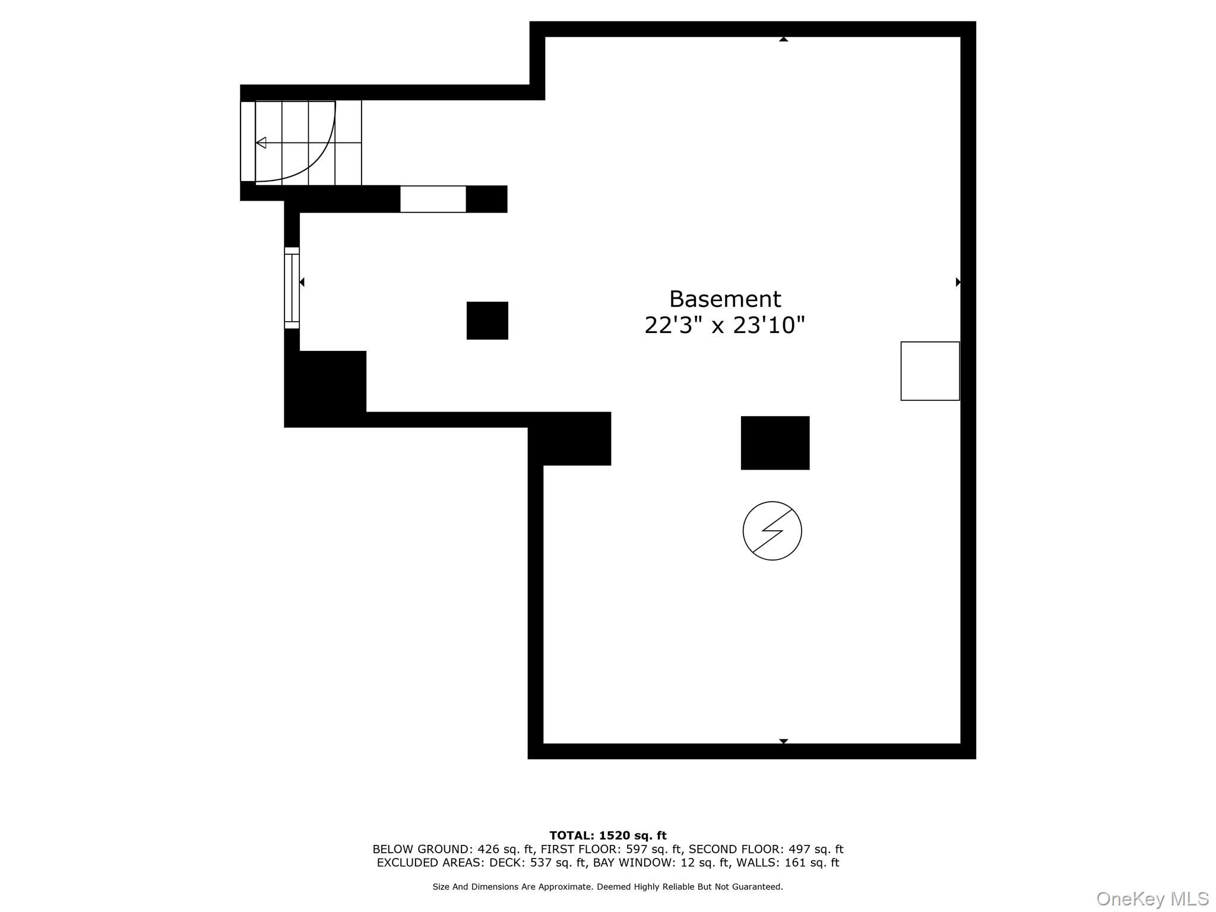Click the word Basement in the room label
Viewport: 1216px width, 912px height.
coord(725,299)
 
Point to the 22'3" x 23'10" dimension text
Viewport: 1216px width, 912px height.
coord(725,325)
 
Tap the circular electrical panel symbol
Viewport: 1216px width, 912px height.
coord(772,531)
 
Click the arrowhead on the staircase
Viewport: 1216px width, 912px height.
coord(261,142)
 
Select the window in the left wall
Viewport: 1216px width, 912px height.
coord(292,288)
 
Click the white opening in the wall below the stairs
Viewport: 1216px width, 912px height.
coord(433,199)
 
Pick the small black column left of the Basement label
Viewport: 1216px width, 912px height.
coord(487,321)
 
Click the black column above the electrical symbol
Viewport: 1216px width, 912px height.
coord(775,443)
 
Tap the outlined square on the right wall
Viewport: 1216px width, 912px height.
coord(930,371)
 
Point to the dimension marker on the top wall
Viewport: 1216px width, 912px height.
coord(784,39)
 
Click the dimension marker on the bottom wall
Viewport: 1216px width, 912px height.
coord(784,741)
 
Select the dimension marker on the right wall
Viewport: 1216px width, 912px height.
coord(958,282)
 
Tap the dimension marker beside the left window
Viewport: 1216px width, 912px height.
coord(302,282)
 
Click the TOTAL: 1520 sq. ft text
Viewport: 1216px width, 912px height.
coord(608,836)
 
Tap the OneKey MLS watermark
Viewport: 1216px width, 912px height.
coord(1152,899)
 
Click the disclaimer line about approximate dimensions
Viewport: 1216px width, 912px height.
coord(608,886)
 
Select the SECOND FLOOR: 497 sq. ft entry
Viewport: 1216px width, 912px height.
coord(766,849)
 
